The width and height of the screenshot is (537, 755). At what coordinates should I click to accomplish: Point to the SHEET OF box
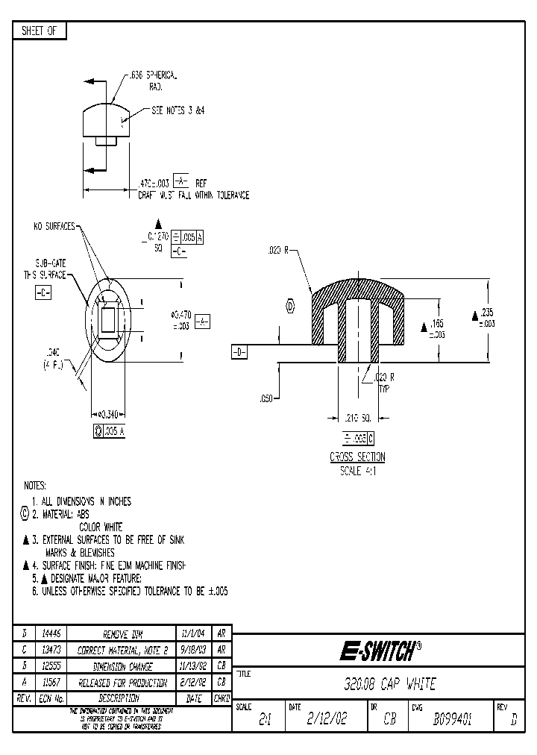[x=40, y=31]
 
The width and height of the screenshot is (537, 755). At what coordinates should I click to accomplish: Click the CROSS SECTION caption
[x=357, y=457]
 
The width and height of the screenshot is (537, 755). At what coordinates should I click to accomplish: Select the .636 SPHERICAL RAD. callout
[x=152, y=81]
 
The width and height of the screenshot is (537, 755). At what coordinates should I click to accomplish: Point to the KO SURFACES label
[x=54, y=226]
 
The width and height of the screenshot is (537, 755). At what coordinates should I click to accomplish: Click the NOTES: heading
[x=35, y=485]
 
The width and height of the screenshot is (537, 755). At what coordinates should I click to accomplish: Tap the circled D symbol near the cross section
[x=290, y=304]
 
